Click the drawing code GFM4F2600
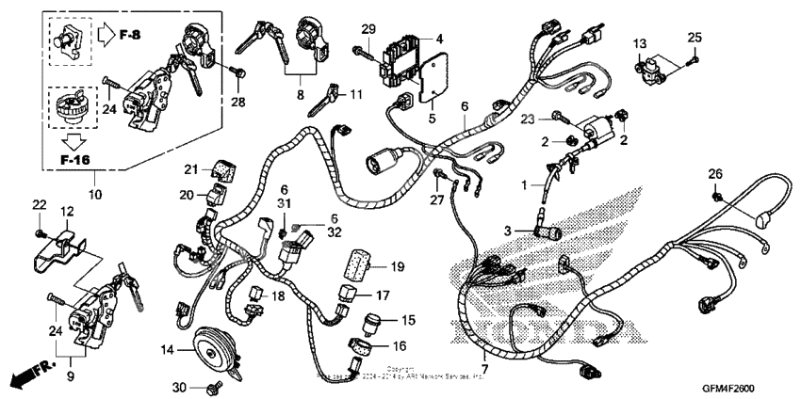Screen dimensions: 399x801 tap(727, 389)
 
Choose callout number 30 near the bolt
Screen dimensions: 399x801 tap(180, 389)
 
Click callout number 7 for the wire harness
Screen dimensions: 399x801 tap(484, 368)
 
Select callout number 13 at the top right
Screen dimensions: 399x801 tap(640, 43)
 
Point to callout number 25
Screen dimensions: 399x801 tap(695, 37)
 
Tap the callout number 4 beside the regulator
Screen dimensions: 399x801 tap(439, 38)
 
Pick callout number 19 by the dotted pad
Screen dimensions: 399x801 tap(398, 267)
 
